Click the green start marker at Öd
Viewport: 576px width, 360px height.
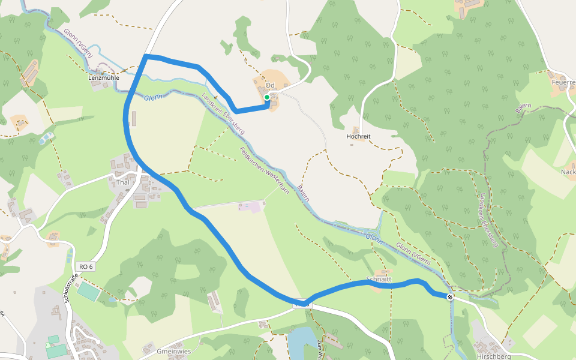click(267, 97)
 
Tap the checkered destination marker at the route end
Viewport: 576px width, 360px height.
click(450, 296)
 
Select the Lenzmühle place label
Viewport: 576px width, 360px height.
click(104, 78)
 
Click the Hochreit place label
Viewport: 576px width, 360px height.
click(359, 137)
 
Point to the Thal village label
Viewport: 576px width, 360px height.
click(123, 182)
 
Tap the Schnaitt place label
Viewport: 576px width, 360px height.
click(379, 280)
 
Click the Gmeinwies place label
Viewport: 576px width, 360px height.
click(173, 351)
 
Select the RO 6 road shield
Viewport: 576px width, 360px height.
click(86, 266)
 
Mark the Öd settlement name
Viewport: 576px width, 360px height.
click(269, 86)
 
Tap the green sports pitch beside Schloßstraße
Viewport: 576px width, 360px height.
click(89, 292)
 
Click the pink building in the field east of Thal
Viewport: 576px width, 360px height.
click(254, 207)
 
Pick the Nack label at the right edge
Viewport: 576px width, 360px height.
click(568, 172)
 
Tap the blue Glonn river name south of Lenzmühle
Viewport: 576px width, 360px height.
click(153, 97)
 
